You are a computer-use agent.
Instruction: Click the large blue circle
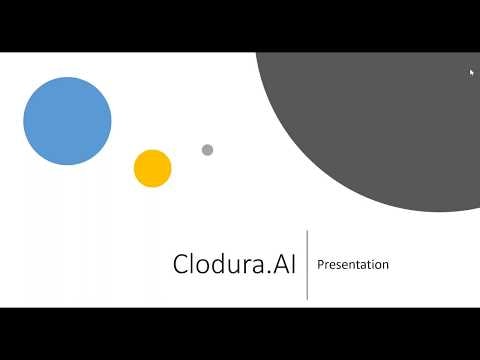[67, 121]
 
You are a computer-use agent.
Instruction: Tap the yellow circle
[153, 168]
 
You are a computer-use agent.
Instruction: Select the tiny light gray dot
[207, 150]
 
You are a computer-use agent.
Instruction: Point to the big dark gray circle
[380, 120]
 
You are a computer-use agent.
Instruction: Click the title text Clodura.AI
[235, 265]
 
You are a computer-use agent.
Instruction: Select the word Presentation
[353, 265]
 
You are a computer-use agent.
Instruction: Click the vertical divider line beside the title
[307, 264]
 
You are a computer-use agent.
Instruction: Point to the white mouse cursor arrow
[472, 72]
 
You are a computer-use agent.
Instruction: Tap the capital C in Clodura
[181, 265]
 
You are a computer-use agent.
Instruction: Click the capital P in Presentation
[320, 265]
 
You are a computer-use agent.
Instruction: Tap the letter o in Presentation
[378, 266]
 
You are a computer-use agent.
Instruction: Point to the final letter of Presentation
[386, 266]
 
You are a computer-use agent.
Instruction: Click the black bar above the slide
[240, 25]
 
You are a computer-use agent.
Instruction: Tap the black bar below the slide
[240, 333]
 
